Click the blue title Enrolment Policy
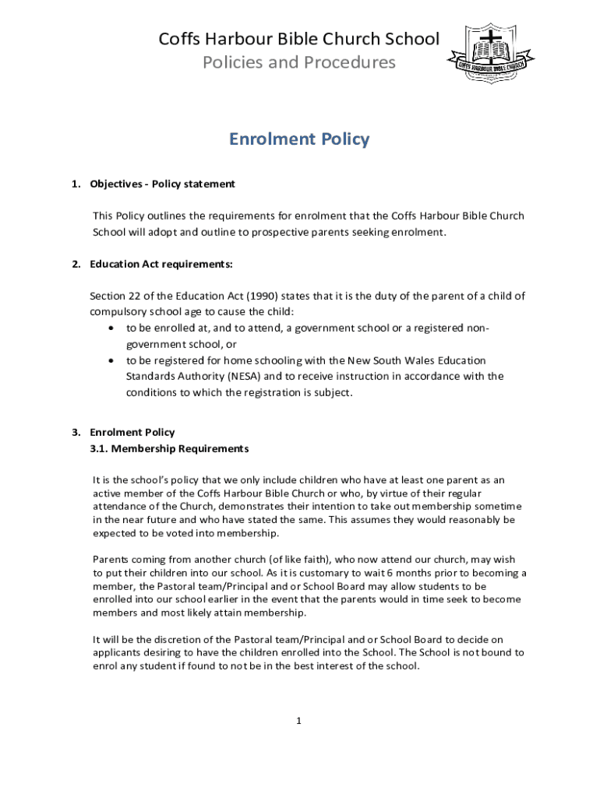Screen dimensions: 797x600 click(x=299, y=139)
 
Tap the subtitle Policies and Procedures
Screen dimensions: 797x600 click(x=299, y=62)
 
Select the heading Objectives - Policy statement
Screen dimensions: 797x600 click(x=162, y=184)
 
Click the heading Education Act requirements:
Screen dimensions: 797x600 click(x=161, y=264)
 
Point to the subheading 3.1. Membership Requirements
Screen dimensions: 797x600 click(x=169, y=449)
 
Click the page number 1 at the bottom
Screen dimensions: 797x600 click(x=298, y=721)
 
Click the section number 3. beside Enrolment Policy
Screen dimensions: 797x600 click(x=76, y=432)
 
